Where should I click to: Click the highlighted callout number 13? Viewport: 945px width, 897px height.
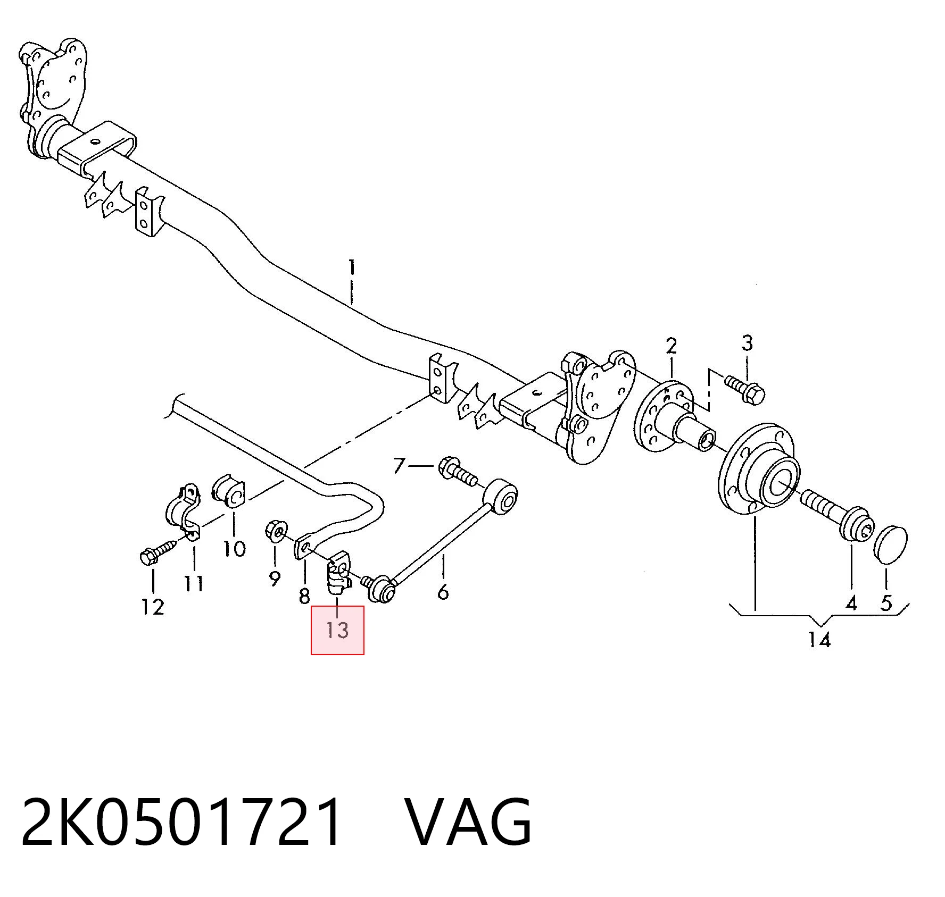pyautogui.click(x=337, y=631)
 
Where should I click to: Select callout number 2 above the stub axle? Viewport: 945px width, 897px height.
pyautogui.click(x=672, y=346)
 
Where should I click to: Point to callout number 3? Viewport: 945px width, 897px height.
pyautogui.click(x=747, y=343)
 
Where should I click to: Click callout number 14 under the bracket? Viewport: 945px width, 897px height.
pyautogui.click(x=819, y=640)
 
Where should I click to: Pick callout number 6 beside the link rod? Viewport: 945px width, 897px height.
pyautogui.click(x=443, y=592)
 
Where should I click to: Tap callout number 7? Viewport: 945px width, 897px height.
pyautogui.click(x=399, y=466)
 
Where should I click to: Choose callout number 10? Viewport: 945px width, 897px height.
pyautogui.click(x=234, y=548)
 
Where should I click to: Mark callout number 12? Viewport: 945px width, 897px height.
pyautogui.click(x=153, y=607)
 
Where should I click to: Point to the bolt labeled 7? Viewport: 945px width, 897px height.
pyautogui.click(x=457, y=471)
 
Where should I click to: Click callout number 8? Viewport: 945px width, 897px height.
pyautogui.click(x=304, y=596)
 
